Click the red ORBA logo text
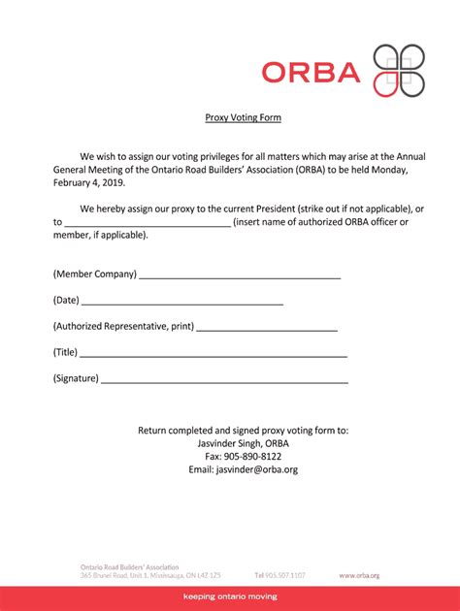(x=311, y=71)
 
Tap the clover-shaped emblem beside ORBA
(x=399, y=71)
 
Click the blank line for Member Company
(x=240, y=276)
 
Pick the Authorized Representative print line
(x=267, y=329)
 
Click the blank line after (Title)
(x=214, y=355)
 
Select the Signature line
(x=224, y=381)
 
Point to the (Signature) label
(x=76, y=378)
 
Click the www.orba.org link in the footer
(x=359, y=575)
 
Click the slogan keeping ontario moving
(x=230, y=596)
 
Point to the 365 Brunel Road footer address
(x=150, y=575)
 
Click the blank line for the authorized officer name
(x=148, y=222)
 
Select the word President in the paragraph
(x=304, y=209)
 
